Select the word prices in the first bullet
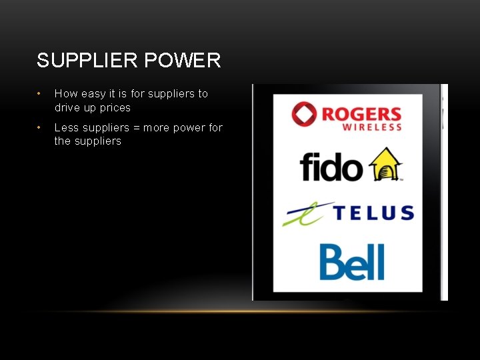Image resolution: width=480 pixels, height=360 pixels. (x=115, y=108)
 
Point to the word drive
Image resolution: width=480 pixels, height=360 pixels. (x=68, y=108)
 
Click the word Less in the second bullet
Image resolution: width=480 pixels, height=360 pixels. (x=66, y=127)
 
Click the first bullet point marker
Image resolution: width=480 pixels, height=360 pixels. (x=40, y=94)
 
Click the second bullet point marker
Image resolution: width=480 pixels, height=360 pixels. (x=40, y=127)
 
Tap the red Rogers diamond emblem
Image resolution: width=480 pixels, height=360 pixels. (x=305, y=114)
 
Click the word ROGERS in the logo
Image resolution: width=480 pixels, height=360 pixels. (x=361, y=114)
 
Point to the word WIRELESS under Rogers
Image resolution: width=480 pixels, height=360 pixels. (x=372, y=127)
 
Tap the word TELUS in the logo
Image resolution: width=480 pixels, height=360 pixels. (x=373, y=213)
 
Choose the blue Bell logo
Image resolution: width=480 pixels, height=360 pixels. (x=352, y=263)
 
